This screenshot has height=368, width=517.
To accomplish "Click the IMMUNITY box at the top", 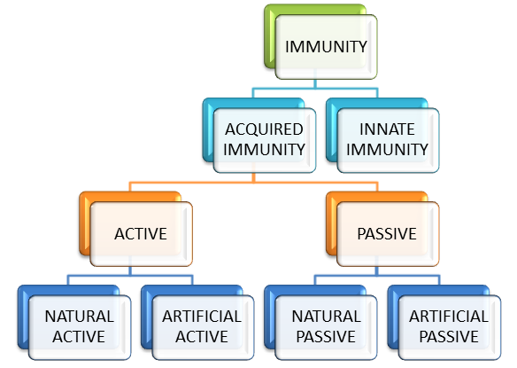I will click(326, 45).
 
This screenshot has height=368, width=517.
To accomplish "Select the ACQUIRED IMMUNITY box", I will click(264, 139).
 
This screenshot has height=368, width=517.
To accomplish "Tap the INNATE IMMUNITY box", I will click(387, 139).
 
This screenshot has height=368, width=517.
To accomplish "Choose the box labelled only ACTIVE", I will click(141, 234).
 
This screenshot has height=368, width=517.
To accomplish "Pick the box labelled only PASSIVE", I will click(388, 234).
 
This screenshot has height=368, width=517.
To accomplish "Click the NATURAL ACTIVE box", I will click(80, 326).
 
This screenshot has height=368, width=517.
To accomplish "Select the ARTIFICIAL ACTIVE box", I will click(202, 326).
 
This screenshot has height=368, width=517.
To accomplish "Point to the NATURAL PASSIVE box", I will click(327, 326).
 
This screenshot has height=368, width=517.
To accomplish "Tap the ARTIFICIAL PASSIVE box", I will click(449, 326).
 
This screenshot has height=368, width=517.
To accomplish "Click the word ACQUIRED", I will click(264, 129).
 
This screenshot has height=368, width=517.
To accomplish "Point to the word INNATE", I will click(387, 129).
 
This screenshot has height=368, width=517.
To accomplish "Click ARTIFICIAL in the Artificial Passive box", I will click(449, 317).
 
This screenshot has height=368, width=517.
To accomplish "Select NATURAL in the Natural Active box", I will click(80, 317).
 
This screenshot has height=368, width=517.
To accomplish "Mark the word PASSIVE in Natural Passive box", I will click(327, 337).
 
